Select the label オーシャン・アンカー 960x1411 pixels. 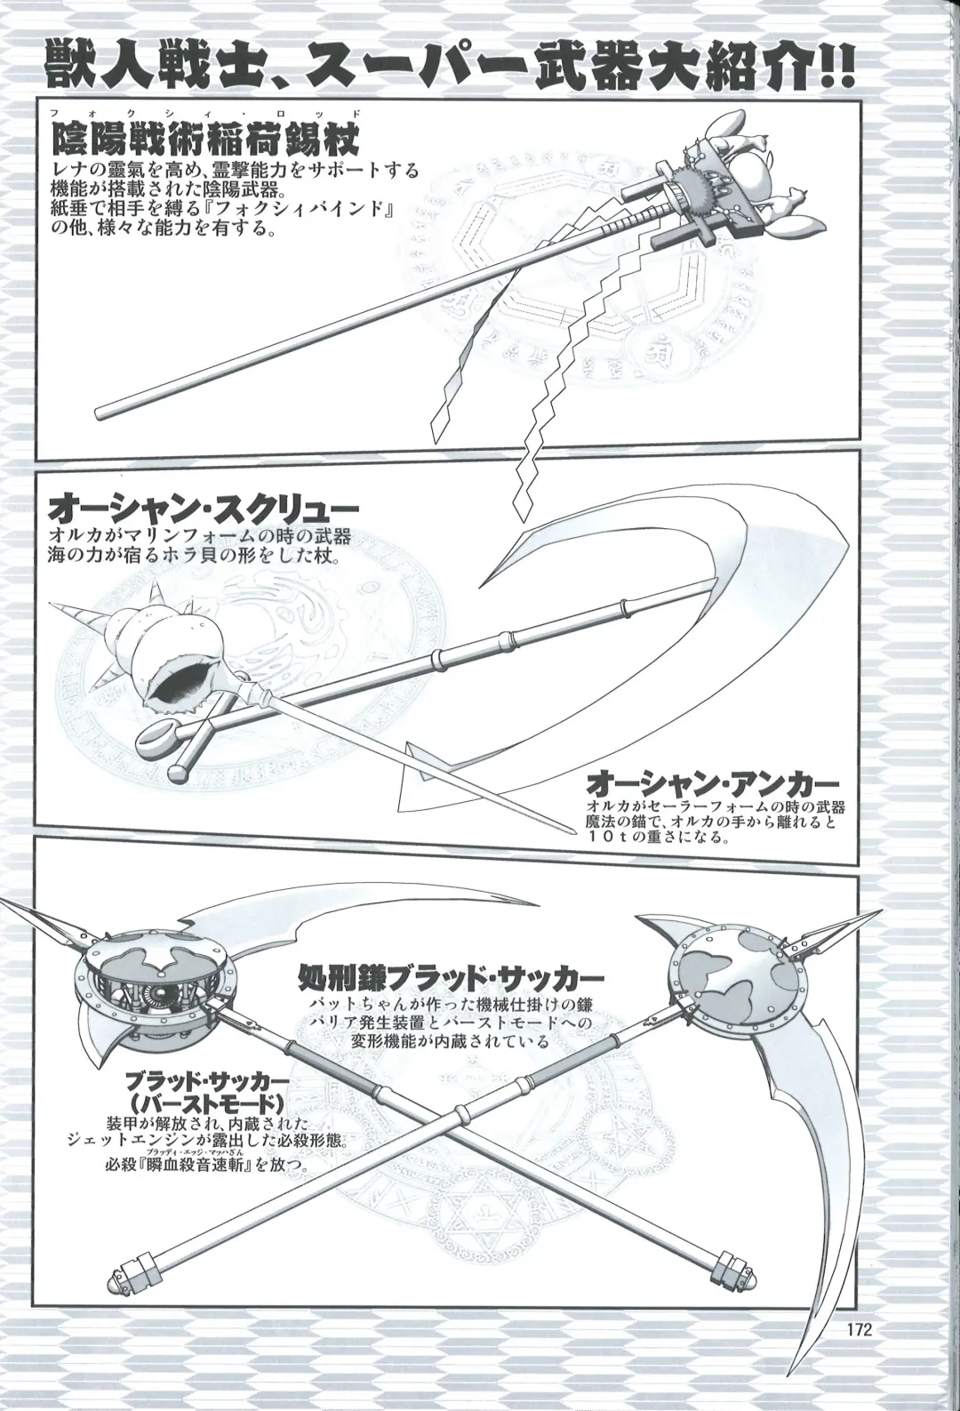(x=714, y=784)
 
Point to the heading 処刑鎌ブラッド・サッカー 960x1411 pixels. (x=453, y=980)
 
